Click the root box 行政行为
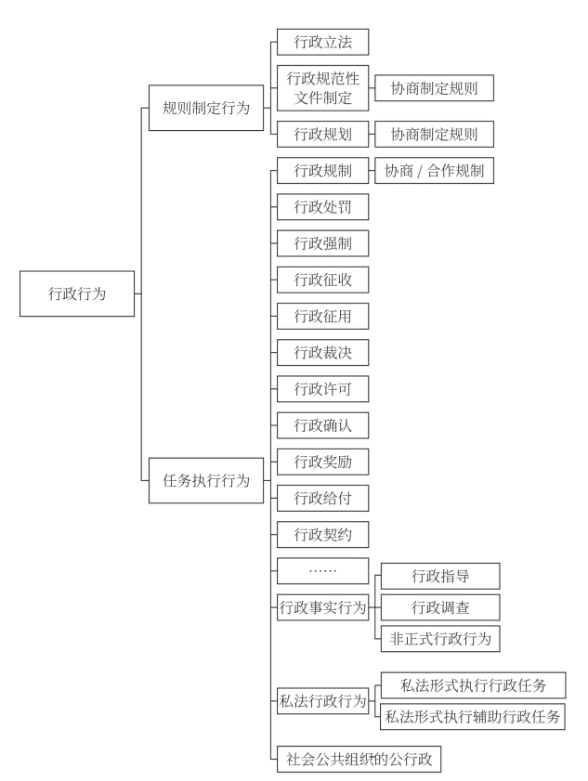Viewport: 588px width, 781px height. tap(77, 293)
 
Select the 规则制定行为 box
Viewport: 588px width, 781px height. tap(206, 108)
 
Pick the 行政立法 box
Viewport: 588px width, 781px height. tap(322, 42)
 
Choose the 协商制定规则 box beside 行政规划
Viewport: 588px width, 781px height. tap(434, 134)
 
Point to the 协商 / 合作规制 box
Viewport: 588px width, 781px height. tap(434, 170)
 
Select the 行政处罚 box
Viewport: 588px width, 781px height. tap(322, 206)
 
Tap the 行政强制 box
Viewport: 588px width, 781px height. tap(322, 243)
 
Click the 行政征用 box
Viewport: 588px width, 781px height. tap(322, 317)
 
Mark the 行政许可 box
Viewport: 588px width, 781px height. tap(322, 389)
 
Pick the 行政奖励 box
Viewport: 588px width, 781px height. tap(322, 462)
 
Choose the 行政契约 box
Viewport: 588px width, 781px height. tap(322, 535)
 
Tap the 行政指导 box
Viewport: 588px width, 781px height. tap(440, 576)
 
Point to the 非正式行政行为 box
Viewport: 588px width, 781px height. tap(440, 638)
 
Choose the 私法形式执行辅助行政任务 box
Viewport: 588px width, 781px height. tap(473, 717)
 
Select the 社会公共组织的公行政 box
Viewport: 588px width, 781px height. tap(359, 759)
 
